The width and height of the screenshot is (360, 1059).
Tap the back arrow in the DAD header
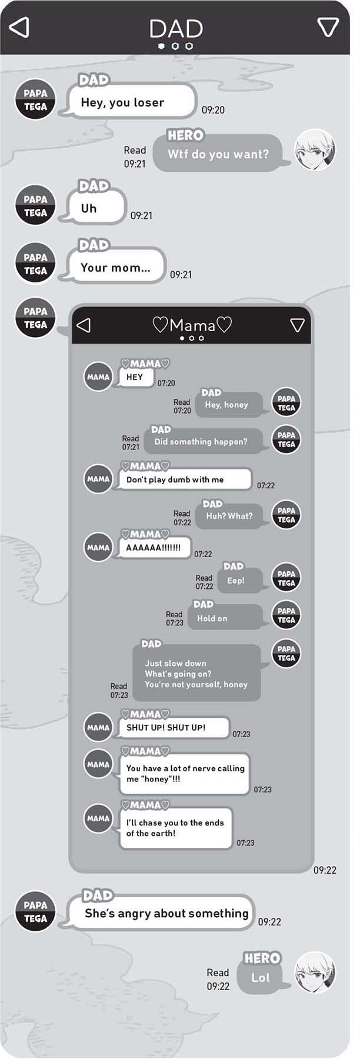coord(19,27)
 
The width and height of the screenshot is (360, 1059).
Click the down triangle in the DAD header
coord(328,27)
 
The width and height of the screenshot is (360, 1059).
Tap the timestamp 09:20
coord(213,110)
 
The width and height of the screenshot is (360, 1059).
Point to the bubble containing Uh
coord(95,208)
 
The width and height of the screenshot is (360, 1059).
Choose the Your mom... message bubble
coord(116,268)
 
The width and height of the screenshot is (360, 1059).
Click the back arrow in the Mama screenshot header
coord(84,325)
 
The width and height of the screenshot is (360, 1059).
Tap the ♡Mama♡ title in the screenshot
coord(192,325)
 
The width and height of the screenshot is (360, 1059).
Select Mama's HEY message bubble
coord(135,377)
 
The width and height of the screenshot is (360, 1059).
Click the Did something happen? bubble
coord(202,441)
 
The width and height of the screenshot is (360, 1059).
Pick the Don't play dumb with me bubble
coord(185,479)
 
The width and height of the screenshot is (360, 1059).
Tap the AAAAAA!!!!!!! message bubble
coord(154,548)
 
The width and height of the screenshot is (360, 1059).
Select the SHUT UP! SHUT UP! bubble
coord(173,727)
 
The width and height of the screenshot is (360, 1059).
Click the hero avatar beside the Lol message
coord(315,973)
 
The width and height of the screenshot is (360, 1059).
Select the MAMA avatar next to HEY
coord(98,377)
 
